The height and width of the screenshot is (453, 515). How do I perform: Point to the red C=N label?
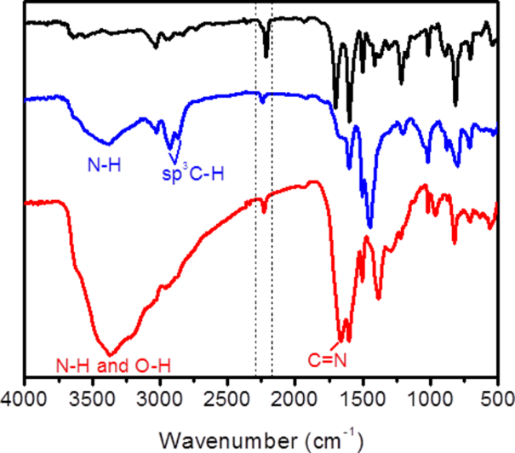327,361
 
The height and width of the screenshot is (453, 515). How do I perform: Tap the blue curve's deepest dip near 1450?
369,227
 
